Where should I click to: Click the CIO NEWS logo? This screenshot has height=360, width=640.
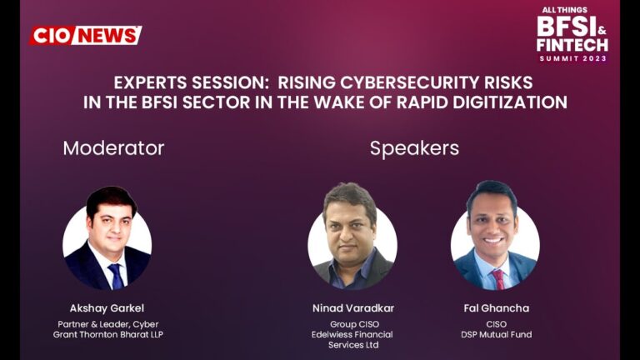86,35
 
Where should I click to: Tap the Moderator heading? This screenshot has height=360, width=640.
113,148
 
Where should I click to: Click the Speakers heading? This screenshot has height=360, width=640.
414,148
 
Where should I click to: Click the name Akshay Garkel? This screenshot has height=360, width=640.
106,307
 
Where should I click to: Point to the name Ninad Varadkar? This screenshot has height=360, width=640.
352,307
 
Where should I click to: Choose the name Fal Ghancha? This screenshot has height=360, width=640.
496,307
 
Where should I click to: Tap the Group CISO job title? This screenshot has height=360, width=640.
352,322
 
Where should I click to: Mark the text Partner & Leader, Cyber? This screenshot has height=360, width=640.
106,322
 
